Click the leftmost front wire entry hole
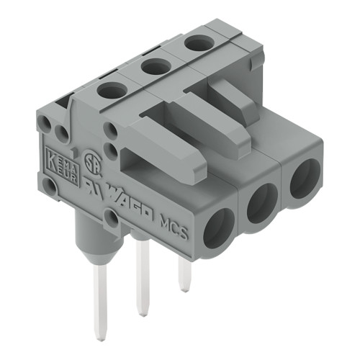click(217, 228)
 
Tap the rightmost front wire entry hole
click(305, 178)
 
